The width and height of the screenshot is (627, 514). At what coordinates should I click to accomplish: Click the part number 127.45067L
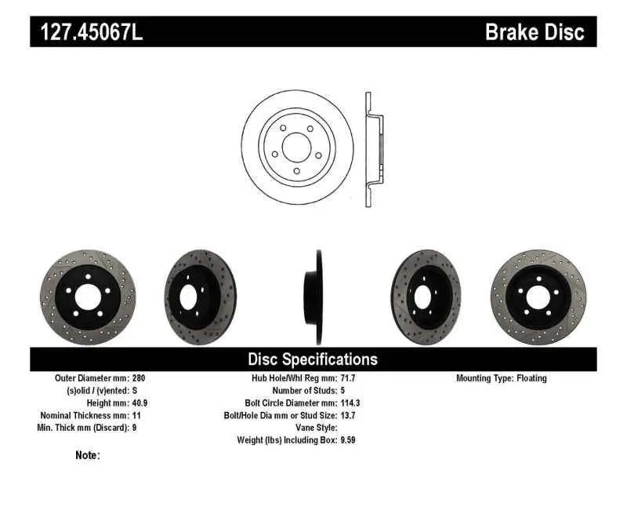click(86, 32)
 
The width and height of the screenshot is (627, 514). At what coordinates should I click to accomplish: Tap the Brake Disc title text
click(535, 32)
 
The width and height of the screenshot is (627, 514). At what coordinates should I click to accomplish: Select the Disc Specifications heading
click(313, 359)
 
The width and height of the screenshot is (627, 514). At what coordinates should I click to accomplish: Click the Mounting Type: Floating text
click(502, 378)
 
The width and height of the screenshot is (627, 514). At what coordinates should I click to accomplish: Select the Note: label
click(87, 455)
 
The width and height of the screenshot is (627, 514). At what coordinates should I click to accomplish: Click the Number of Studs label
click(304, 391)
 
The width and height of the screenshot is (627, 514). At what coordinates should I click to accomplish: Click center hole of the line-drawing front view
click(296, 147)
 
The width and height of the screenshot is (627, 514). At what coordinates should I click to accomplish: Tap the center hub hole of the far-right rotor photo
click(538, 297)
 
